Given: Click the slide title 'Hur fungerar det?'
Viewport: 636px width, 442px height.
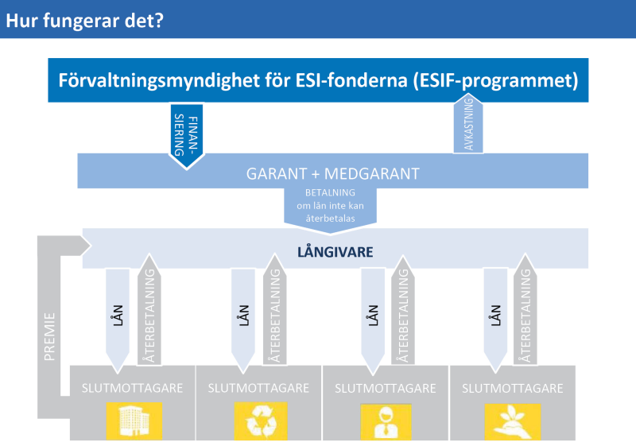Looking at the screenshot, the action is click(84, 21).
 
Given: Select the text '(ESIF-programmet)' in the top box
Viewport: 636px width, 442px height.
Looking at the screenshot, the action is click(495, 80).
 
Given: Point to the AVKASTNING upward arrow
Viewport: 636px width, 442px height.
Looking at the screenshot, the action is click(468, 123).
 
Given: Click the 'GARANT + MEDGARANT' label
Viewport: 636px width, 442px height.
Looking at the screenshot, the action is click(332, 173).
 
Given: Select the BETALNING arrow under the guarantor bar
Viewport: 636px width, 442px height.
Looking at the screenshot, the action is click(330, 211).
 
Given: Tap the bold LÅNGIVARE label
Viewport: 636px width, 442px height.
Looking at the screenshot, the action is click(335, 252).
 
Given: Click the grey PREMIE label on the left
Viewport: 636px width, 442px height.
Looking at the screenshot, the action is click(49, 336).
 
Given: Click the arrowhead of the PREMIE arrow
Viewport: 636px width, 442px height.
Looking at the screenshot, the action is click(86, 246).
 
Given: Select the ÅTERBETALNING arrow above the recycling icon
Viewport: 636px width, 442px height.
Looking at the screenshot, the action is click(274, 309).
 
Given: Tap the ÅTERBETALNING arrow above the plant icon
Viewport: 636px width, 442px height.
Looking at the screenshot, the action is click(525, 309).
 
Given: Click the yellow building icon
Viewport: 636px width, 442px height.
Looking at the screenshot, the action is click(134, 421).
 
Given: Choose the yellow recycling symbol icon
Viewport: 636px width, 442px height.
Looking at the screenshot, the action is click(261, 421).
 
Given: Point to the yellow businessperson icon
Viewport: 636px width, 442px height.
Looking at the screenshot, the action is click(386, 421).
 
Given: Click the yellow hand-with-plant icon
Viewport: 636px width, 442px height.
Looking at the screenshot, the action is click(513, 421).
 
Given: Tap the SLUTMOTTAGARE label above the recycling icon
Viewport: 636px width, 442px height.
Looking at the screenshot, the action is click(258, 388).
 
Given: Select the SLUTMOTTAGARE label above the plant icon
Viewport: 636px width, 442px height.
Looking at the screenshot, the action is click(513, 388).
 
